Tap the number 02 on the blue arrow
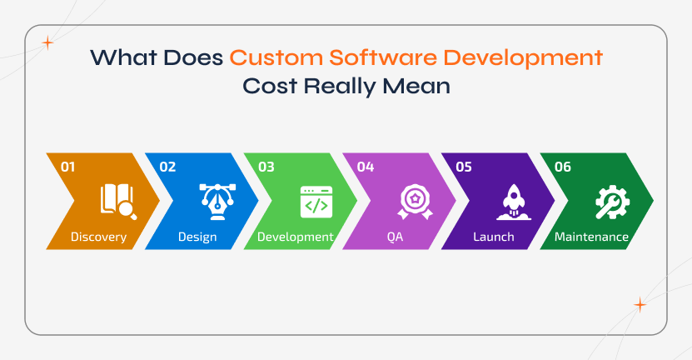tap(167, 167)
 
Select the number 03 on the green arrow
tap(266, 167)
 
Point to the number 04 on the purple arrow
tap(366, 167)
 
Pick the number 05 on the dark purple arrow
tap(464, 167)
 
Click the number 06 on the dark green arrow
tap(563, 167)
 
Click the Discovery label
tap(98, 237)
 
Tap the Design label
tap(197, 237)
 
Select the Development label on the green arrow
tap(296, 237)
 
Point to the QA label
tap(395, 237)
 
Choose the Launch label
tap(494, 237)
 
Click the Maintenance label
tap(592, 237)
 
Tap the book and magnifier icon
tap(117, 202)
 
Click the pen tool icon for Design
tap(216, 202)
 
